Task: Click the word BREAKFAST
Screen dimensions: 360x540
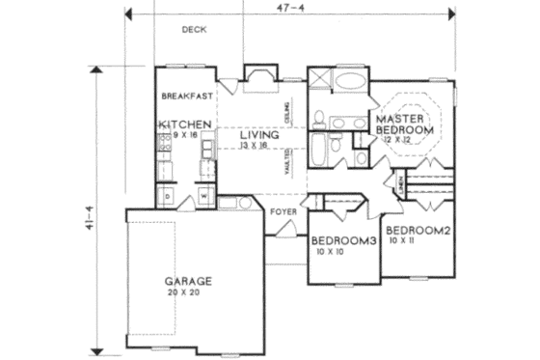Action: coord(187,96)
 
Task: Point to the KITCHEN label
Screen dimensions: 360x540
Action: coord(187,125)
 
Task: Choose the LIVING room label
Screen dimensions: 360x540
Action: coord(259,135)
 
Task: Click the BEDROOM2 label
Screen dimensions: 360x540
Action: coord(418,231)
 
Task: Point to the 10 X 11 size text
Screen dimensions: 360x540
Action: coord(403,242)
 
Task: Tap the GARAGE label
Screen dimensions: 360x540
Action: coord(187,282)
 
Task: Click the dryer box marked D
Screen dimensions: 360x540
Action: coord(168,198)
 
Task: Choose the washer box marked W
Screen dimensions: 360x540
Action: coord(205,198)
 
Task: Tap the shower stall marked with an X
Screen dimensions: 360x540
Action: coord(319,80)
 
